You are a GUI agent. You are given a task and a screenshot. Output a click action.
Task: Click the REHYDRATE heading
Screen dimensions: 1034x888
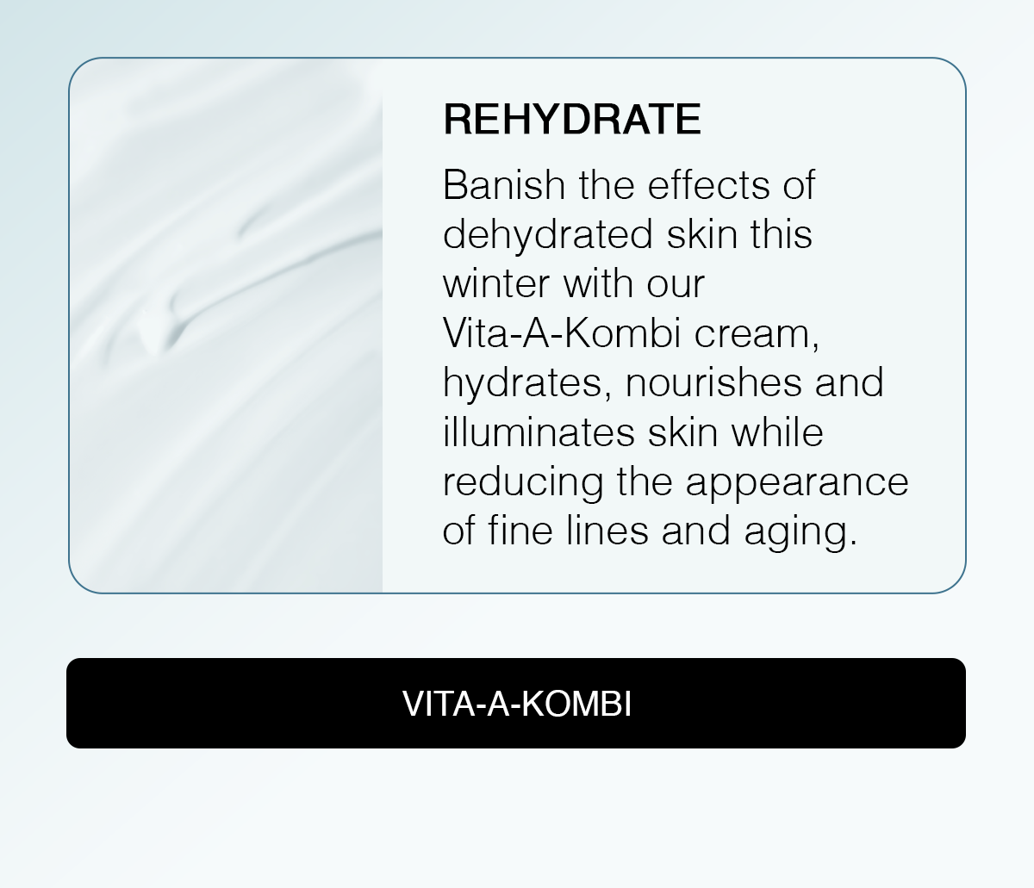(572, 119)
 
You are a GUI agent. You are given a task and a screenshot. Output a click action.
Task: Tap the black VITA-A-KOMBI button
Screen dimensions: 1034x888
(516, 703)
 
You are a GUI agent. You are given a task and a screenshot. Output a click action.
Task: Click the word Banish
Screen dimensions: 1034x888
(504, 185)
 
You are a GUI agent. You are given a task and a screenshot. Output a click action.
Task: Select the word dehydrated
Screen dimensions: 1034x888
(548, 235)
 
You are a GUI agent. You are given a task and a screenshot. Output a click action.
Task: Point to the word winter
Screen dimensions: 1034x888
(496, 284)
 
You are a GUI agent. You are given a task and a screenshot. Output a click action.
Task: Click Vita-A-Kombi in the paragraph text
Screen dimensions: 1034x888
(562, 333)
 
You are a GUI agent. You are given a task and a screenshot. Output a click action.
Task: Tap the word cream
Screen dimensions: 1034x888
(757, 336)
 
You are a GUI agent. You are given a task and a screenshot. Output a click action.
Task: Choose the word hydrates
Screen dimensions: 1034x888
(527, 383)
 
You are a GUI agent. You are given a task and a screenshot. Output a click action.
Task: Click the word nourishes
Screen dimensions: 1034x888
(713, 382)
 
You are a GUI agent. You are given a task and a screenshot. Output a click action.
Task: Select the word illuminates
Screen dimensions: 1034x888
(539, 432)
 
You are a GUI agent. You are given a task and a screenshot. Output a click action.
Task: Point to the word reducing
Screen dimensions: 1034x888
(523, 483)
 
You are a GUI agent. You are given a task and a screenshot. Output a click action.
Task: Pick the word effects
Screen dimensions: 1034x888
(709, 185)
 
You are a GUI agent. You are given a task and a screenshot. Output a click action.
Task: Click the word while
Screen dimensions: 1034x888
(777, 432)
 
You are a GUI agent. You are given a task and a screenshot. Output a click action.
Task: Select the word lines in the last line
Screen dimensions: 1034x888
(607, 531)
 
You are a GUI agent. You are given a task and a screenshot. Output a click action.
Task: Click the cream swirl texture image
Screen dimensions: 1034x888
(226, 326)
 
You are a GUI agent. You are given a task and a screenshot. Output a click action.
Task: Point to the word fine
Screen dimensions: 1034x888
(520, 531)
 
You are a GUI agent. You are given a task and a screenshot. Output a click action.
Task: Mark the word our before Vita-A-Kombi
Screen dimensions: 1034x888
(676, 286)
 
